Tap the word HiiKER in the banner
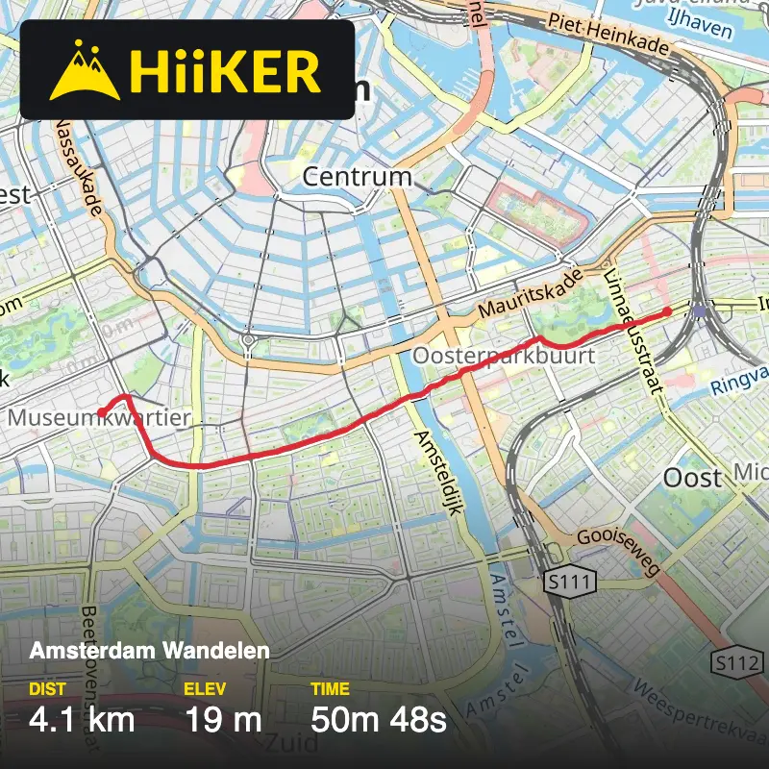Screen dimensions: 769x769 click(224, 70)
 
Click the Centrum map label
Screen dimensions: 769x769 click(357, 178)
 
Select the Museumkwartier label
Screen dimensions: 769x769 click(99, 419)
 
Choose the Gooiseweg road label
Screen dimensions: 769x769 click(619, 552)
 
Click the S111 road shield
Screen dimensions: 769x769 click(569, 582)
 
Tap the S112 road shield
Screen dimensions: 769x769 click(737, 662)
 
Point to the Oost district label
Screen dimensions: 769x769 click(693, 477)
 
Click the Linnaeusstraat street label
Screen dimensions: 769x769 click(635, 332)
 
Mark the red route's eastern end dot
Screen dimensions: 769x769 click(667, 312)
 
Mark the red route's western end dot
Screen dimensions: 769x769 click(101, 413)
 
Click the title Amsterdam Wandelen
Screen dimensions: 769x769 click(149, 651)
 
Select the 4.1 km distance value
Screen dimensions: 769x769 click(82, 719)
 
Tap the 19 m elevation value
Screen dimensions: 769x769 click(222, 719)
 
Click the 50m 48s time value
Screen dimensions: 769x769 click(379, 719)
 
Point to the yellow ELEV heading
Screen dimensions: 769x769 click(202, 689)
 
